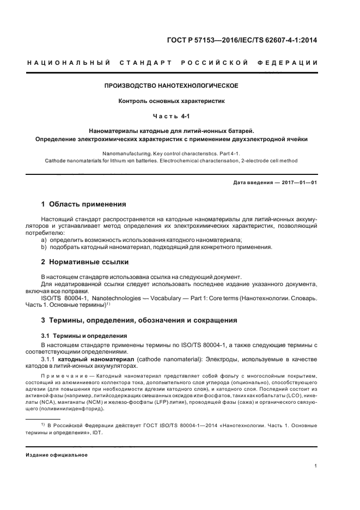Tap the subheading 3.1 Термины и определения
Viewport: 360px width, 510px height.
coord(84,336)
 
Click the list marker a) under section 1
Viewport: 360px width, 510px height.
coord(44,240)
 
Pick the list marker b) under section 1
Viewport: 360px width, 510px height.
coord(44,247)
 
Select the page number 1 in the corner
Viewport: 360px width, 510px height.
coord(316,466)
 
